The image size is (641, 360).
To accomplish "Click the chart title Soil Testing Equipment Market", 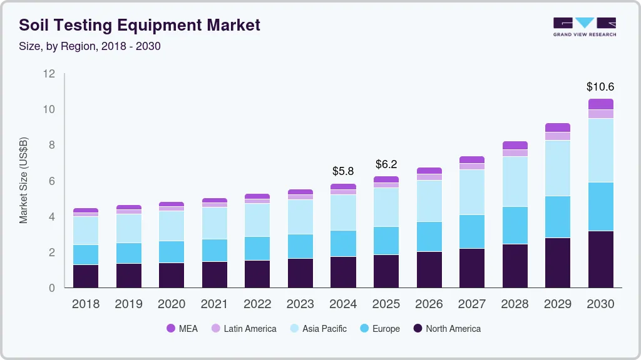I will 140,26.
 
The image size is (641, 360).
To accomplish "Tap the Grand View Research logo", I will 584,26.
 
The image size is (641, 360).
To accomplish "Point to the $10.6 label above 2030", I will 600,87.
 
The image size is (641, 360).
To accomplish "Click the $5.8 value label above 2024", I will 343,171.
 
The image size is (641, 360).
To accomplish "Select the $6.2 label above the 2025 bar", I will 386,164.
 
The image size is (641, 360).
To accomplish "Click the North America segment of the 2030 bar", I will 600,259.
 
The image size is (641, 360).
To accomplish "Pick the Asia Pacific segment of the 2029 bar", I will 558,168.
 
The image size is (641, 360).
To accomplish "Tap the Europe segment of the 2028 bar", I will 515,225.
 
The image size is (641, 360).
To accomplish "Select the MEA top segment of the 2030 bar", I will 600,104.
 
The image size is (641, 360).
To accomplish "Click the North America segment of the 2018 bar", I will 86,276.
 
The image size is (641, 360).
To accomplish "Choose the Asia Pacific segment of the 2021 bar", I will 215,223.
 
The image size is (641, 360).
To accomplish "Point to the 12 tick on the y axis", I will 49,74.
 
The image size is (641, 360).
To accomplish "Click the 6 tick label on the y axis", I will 52,181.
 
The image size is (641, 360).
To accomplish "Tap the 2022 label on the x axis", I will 257,304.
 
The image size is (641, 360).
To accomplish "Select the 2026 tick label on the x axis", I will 429,304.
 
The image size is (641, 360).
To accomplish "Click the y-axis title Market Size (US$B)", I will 24,180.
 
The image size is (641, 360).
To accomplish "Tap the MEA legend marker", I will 170,328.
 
